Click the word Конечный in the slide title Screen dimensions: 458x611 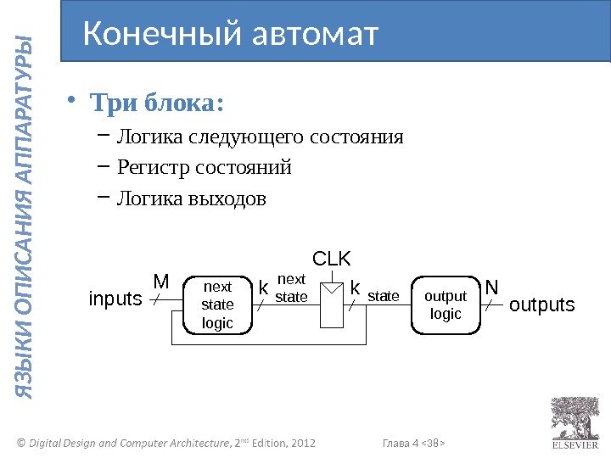(161, 34)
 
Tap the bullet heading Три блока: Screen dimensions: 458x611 (157, 104)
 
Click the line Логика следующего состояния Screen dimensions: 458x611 (260, 137)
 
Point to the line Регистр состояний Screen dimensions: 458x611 (204, 168)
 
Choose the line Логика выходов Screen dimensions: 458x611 (191, 199)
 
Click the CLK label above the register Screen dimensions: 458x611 (331, 258)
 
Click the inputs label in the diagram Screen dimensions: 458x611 (115, 299)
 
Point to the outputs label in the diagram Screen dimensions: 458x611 (541, 304)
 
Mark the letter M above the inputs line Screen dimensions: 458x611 (160, 280)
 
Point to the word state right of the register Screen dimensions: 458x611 (383, 296)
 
